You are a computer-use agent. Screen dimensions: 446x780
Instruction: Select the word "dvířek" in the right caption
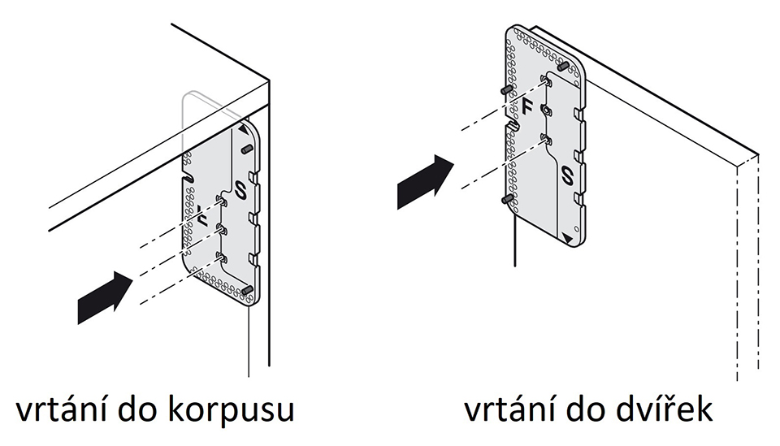pos(657,410)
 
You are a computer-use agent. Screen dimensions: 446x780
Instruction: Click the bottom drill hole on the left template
pos(219,258)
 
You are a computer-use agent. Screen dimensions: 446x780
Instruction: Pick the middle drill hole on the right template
pos(546,110)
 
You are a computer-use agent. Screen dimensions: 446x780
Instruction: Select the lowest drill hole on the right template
pos(546,140)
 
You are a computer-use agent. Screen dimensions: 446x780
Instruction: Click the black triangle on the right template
pos(565,236)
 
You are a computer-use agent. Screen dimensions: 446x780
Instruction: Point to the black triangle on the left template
pos(244,130)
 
